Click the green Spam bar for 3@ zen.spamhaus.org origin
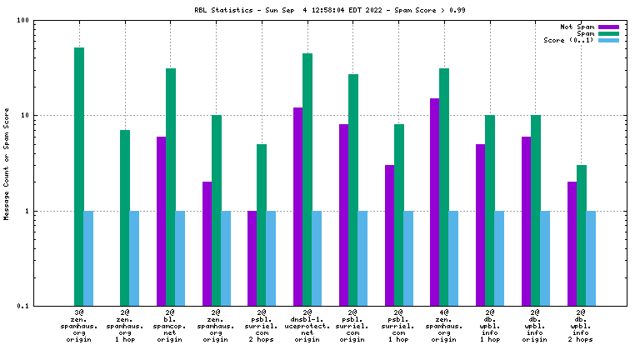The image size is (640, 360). tap(79, 177)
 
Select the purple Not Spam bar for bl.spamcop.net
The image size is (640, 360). tap(161, 221)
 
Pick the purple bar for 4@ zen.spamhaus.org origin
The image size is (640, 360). tap(435, 202)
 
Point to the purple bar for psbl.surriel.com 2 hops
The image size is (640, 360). tap(252, 258)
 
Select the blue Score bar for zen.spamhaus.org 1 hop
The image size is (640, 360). tap(134, 258)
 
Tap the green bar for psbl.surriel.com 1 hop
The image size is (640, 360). tap(399, 215)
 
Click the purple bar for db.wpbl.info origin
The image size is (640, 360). tap(527, 221)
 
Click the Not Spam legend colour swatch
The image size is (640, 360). tap(609, 27)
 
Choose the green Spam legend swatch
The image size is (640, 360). tap(609, 34)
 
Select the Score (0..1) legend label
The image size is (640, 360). tap(569, 41)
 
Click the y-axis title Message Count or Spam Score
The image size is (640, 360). tap(7, 163)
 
